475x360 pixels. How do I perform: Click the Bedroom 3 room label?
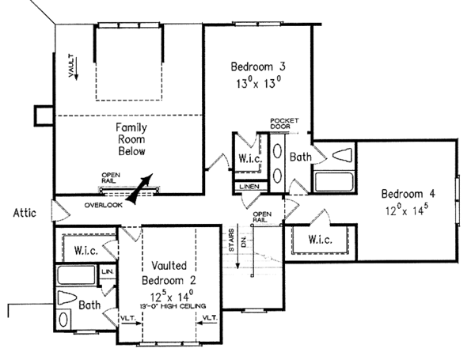tap(256, 65)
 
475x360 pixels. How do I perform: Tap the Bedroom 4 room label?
tap(407, 194)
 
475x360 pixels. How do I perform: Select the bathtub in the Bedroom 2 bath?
tap(77, 277)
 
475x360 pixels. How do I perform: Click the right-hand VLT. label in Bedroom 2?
tap(210, 319)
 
